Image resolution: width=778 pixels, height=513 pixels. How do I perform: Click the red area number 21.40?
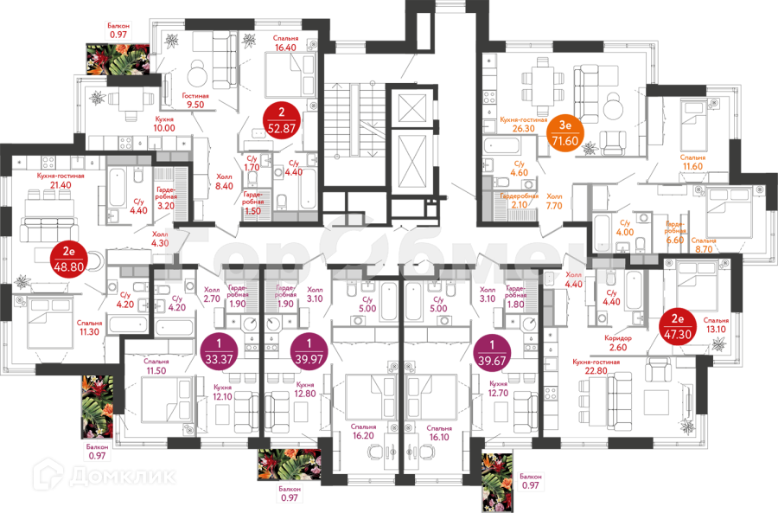tap(60, 184)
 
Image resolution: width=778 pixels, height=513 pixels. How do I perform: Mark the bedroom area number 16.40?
tap(285, 47)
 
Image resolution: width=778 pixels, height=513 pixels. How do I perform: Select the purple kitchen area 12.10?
tap(223, 397)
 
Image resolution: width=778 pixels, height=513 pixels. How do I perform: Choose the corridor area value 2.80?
tap(616, 346)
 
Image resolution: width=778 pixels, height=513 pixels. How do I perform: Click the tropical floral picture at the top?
tap(118, 57)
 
